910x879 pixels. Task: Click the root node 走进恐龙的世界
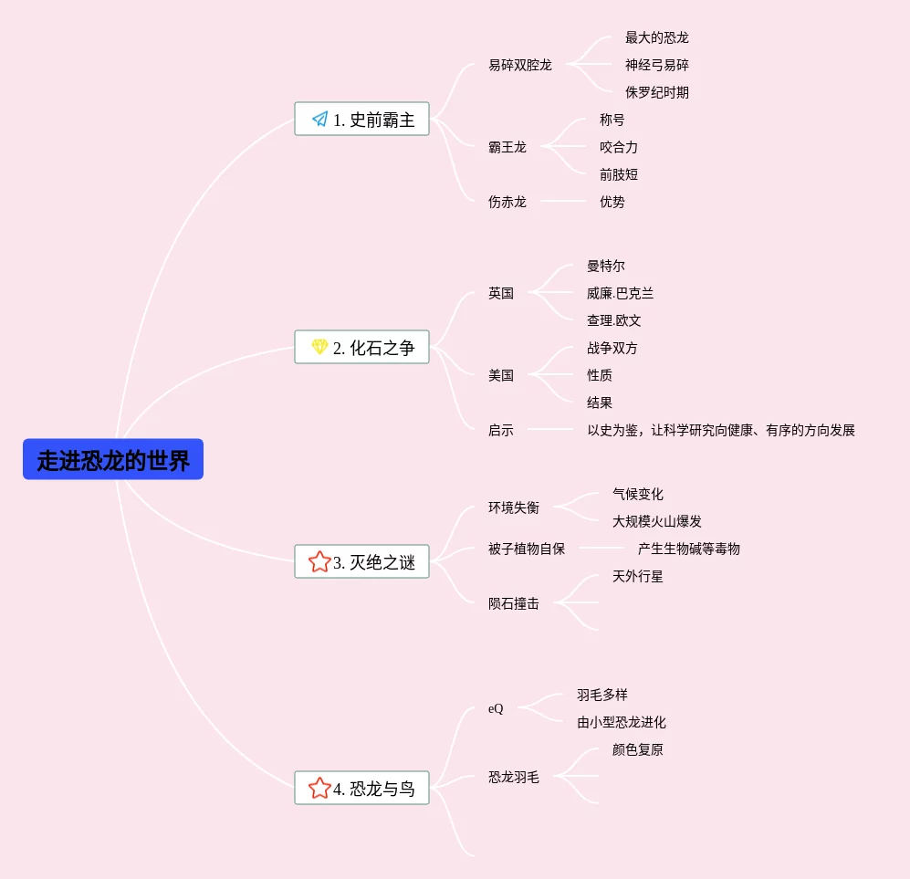click(113, 460)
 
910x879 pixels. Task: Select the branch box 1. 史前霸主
click(361, 119)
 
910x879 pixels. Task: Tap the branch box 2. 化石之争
click(361, 347)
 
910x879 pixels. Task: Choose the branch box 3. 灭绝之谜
click(361, 562)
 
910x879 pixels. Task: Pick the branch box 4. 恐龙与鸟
click(361, 788)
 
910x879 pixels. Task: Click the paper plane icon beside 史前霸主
click(319, 119)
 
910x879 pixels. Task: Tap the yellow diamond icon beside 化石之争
click(319, 347)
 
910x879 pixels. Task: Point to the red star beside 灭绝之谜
click(319, 561)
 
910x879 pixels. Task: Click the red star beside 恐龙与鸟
click(319, 788)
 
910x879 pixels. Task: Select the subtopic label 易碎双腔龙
click(520, 65)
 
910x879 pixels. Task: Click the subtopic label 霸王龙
click(507, 147)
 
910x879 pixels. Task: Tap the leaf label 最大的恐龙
click(657, 37)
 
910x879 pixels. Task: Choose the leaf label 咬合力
click(619, 147)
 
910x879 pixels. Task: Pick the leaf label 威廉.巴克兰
click(621, 293)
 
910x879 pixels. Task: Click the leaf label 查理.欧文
click(614, 320)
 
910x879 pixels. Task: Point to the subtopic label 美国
click(501, 375)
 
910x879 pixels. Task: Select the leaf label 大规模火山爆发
click(657, 521)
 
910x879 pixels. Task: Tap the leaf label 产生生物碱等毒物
click(689, 549)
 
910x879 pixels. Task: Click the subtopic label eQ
click(496, 708)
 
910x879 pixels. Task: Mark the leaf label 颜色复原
click(638, 749)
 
